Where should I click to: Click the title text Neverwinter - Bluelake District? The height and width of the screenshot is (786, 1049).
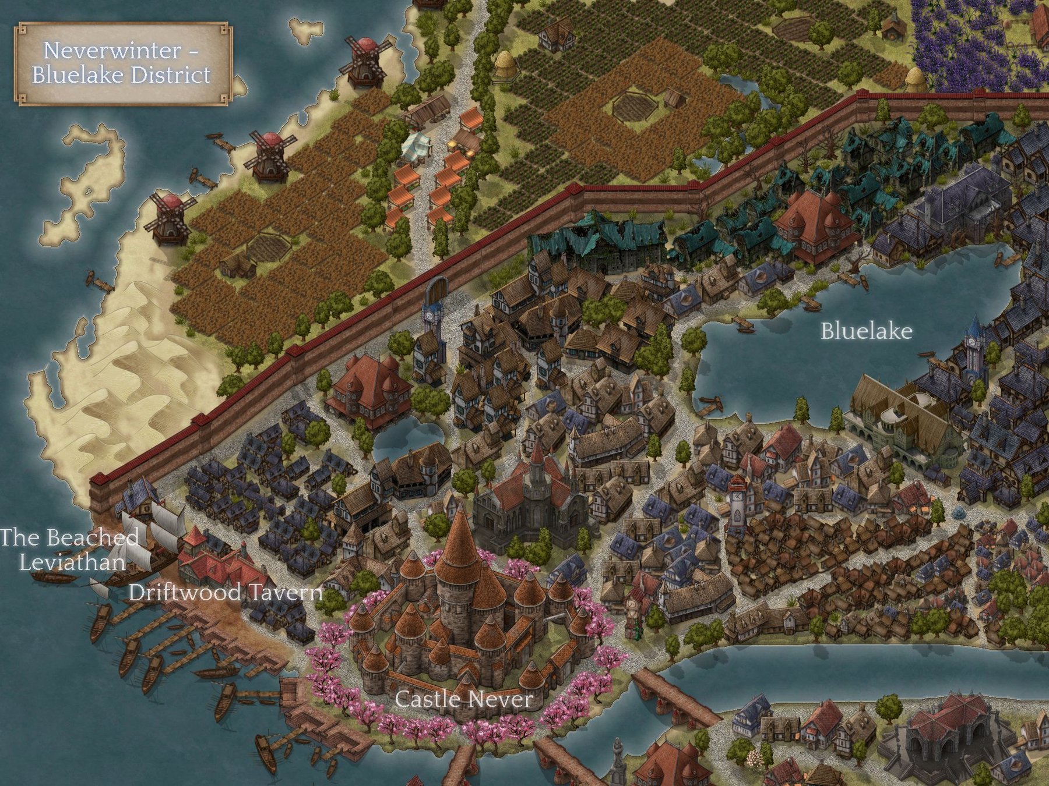pos(121,63)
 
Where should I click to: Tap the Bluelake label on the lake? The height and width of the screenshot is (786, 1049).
pos(866,331)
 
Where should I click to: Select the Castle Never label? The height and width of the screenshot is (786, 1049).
pos(464,699)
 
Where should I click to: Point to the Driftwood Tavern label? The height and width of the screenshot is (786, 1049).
pos(225,593)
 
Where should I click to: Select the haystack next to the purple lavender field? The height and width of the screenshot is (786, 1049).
pos(915,79)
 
